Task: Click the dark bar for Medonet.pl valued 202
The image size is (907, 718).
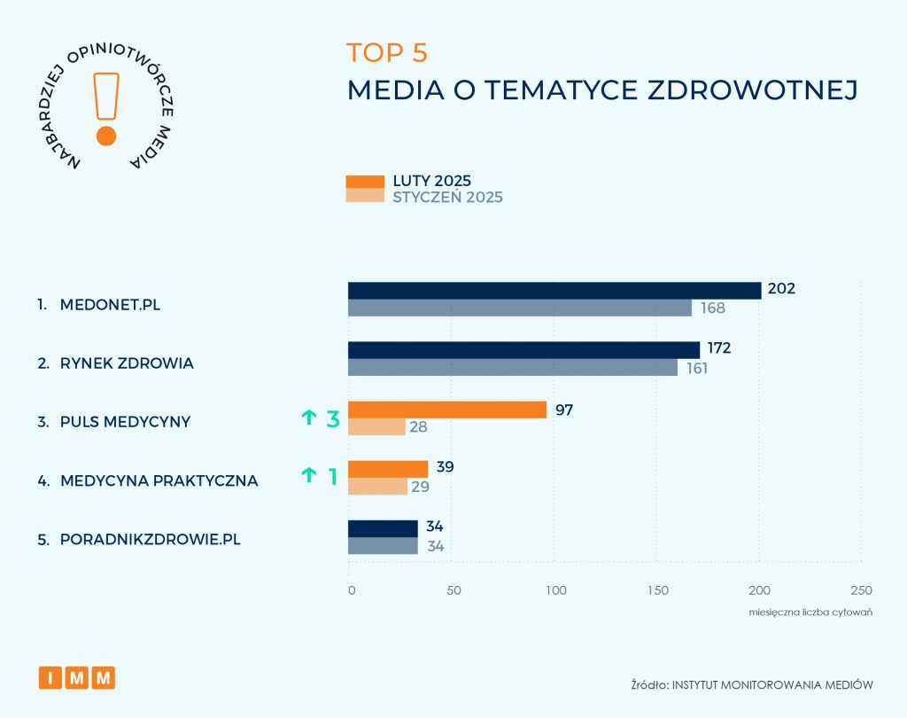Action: point(554,291)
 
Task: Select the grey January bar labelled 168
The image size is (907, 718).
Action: point(520,308)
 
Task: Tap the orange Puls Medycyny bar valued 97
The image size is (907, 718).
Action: point(447,410)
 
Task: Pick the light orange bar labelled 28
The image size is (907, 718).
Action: point(376,426)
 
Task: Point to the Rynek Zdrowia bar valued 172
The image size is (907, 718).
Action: point(523,350)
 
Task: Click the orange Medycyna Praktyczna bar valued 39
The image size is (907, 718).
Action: point(388,469)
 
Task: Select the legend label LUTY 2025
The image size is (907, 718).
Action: point(432,181)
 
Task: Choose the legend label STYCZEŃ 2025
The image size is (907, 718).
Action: point(447,197)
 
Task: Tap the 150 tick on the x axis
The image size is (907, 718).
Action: point(656,590)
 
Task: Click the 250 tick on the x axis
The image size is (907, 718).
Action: point(861,590)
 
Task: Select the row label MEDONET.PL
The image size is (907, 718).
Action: point(111,305)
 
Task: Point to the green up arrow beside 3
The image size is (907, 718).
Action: point(308,418)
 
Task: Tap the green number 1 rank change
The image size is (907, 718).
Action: point(333,477)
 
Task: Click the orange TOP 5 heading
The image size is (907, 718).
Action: point(387,53)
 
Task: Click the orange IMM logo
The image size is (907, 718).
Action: point(77,677)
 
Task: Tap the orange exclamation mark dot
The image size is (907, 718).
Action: point(106,136)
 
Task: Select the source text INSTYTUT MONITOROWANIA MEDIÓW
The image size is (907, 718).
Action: point(773,683)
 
